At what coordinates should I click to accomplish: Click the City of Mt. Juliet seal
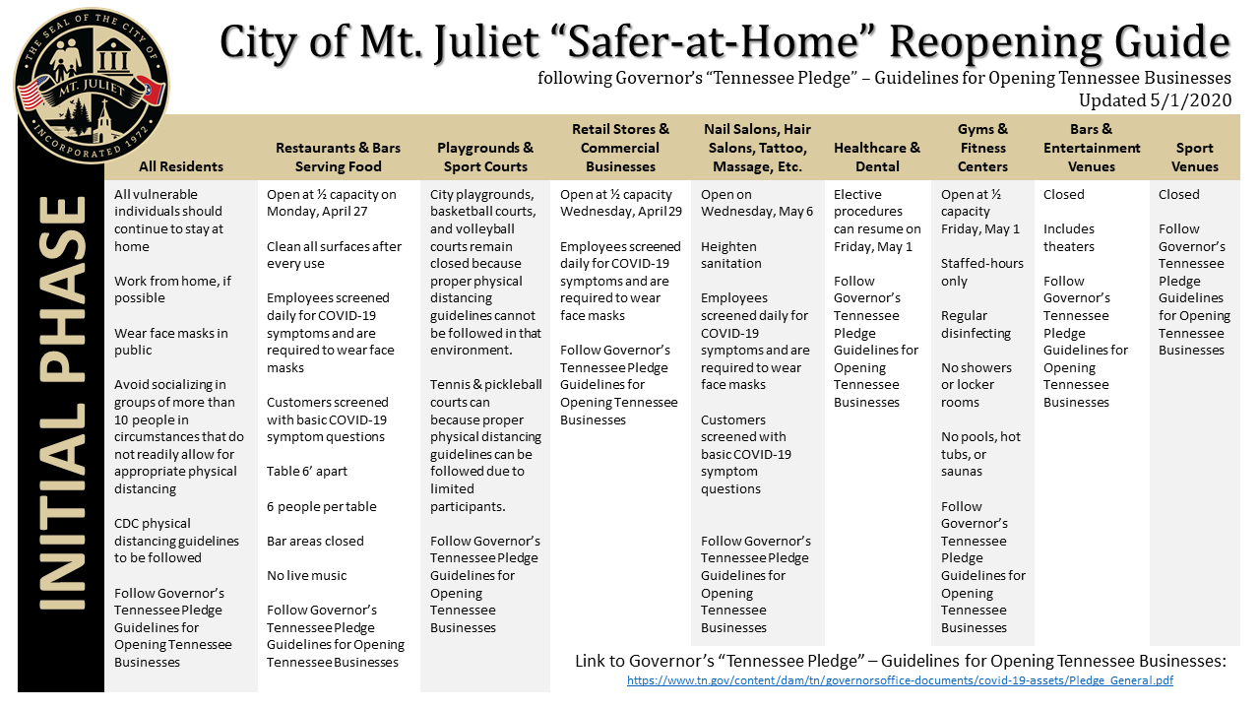91,86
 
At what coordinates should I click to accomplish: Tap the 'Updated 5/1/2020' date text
1155,99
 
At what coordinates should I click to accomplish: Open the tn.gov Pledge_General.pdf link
900,680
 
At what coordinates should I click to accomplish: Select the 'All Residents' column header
181,166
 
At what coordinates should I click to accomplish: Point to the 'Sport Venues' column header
1194,157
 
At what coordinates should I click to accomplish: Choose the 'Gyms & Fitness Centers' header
982,148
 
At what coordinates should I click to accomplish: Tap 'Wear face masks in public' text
170,342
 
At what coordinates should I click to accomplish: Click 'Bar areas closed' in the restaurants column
315,541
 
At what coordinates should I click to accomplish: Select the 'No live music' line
306,575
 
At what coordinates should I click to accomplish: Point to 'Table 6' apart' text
306,472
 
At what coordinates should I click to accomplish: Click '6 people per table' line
321,506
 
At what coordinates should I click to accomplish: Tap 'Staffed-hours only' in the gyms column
981,272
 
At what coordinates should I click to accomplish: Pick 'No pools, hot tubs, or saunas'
980,454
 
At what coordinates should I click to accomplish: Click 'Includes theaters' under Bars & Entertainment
1069,237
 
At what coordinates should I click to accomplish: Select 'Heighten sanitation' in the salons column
730,255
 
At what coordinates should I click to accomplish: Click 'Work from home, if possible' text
172,290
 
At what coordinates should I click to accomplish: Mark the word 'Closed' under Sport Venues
1178,194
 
